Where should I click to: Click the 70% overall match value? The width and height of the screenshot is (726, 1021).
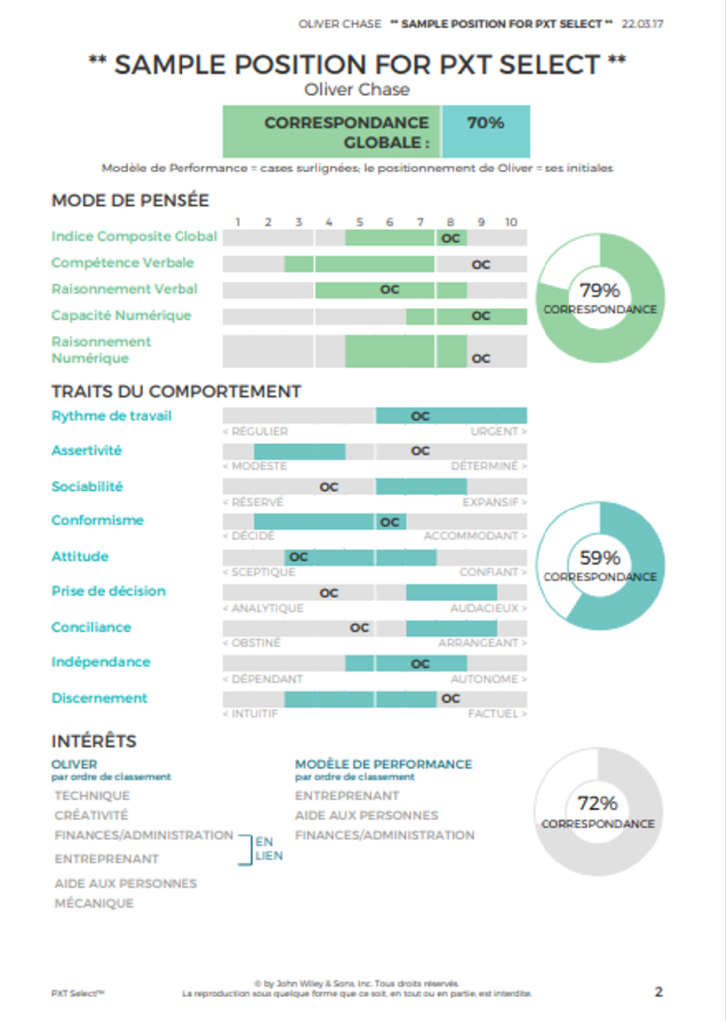485,123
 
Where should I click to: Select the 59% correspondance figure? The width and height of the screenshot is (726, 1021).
600,558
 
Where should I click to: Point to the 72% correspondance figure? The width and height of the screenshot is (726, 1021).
598,803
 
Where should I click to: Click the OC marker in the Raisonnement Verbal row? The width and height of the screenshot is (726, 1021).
390,290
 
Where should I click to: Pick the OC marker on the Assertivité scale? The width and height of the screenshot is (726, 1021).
420,451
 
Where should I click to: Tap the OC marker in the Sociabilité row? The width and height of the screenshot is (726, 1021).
329,487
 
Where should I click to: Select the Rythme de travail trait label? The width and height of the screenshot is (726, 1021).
111,416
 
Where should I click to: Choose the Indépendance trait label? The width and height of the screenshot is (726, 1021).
101,662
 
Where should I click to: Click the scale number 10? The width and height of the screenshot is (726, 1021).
511,221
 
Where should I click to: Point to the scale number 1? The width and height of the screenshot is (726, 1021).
238,221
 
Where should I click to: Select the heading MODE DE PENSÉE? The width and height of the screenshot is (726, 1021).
130,200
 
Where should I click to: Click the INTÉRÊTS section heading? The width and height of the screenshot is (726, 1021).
93,741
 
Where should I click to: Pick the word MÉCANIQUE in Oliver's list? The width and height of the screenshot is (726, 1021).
94,904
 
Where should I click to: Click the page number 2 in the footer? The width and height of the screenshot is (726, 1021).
659,991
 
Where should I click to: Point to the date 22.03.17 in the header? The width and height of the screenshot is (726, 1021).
644,22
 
